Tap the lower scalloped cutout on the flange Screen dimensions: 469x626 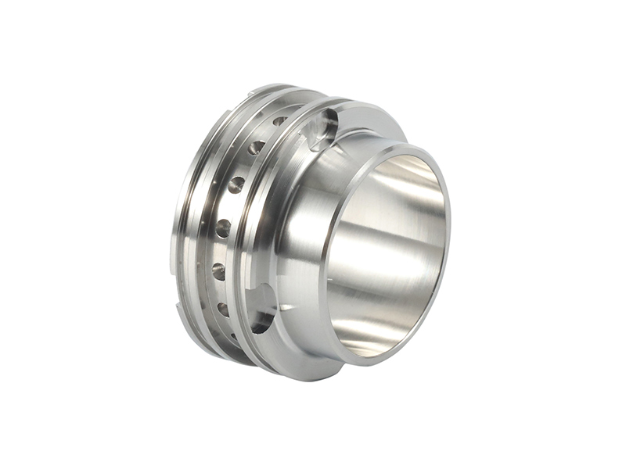pos(264,306)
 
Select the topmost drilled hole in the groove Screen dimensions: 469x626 pos(279,122)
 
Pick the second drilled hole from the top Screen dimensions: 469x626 pos(256,147)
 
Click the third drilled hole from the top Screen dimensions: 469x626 pos(236,185)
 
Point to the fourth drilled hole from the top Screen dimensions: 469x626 pos(224,227)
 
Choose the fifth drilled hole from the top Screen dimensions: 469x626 pos(219,271)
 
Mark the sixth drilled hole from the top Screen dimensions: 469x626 pos(223,309)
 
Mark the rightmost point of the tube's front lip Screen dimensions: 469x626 pos(450,234)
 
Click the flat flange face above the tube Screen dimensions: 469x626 pos(368,117)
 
